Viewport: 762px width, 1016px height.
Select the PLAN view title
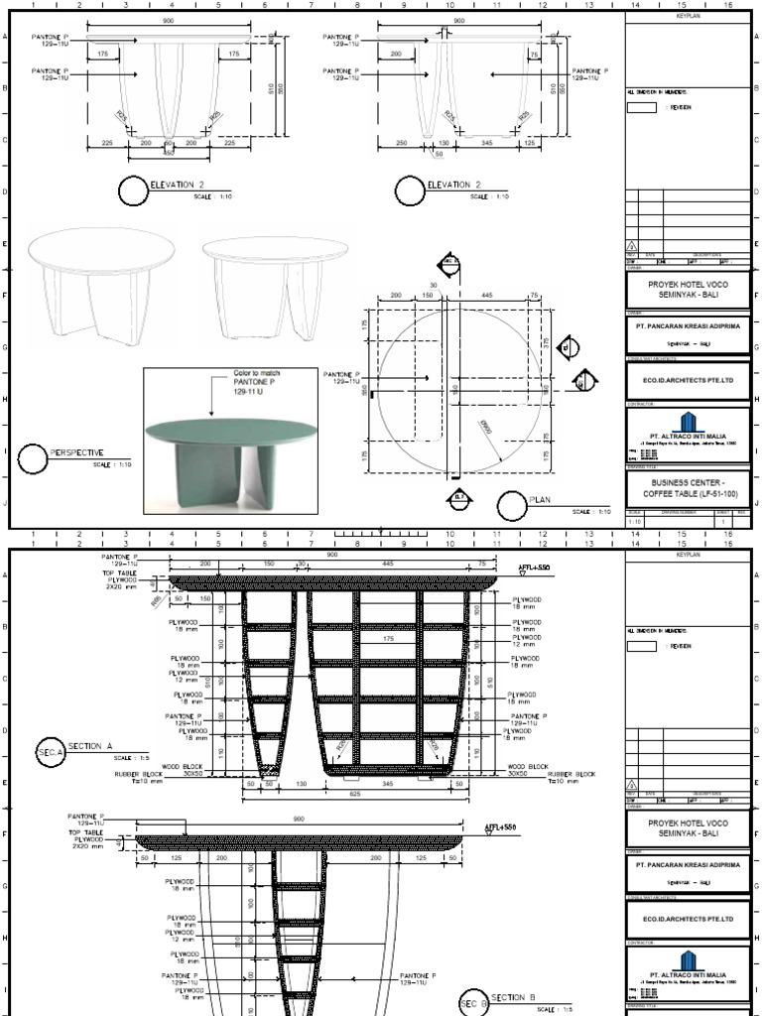click(x=541, y=500)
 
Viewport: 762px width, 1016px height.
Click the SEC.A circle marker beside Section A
click(x=51, y=752)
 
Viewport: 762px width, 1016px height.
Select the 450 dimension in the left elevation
click(x=168, y=154)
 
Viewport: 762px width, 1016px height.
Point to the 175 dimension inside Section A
click(x=389, y=640)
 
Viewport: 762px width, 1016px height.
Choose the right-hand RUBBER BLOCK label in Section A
click(x=571, y=774)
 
